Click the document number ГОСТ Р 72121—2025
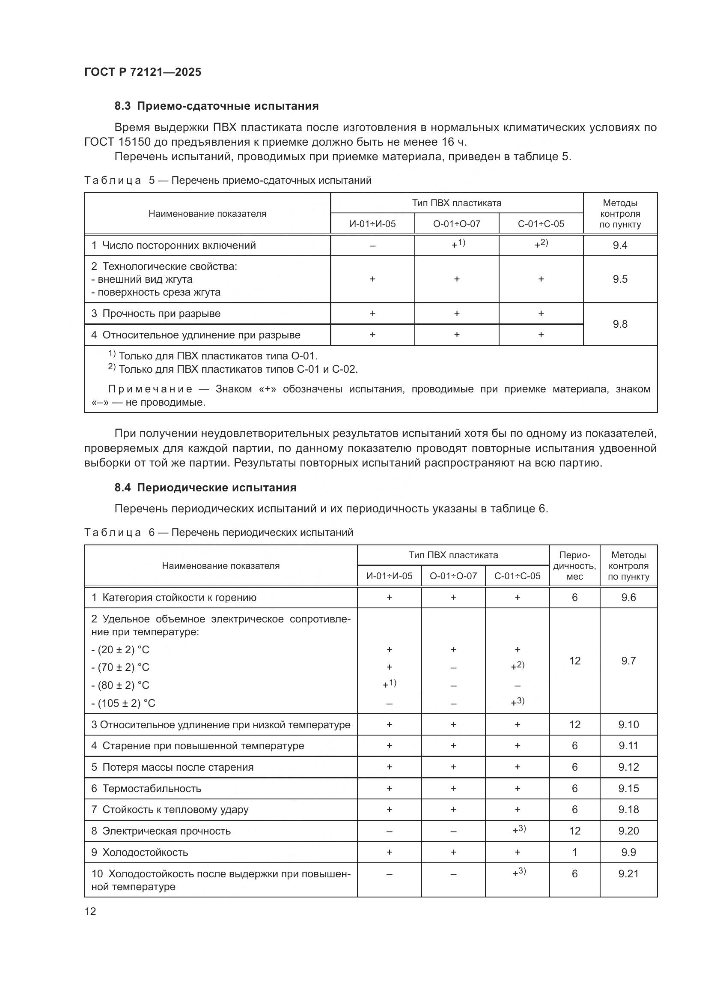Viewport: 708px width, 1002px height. click(x=143, y=72)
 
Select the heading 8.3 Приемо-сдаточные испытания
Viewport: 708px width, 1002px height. click(x=216, y=106)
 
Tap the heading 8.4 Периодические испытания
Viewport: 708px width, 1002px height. click(x=205, y=488)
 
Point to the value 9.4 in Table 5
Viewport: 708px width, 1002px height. click(x=619, y=245)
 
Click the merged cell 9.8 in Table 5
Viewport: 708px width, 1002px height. click(x=619, y=324)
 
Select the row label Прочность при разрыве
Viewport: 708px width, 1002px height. click(x=161, y=313)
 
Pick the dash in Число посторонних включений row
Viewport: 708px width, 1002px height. click(x=372, y=246)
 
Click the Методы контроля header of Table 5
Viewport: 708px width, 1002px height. click(x=619, y=213)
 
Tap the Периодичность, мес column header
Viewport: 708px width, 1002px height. click(x=574, y=565)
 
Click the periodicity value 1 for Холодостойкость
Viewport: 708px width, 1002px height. click(x=574, y=852)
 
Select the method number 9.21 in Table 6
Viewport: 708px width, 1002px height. click(x=628, y=873)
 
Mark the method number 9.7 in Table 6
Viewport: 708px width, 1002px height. click(x=628, y=661)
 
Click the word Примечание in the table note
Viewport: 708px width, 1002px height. click(x=150, y=389)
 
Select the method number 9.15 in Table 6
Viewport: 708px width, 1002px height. click(x=628, y=789)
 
